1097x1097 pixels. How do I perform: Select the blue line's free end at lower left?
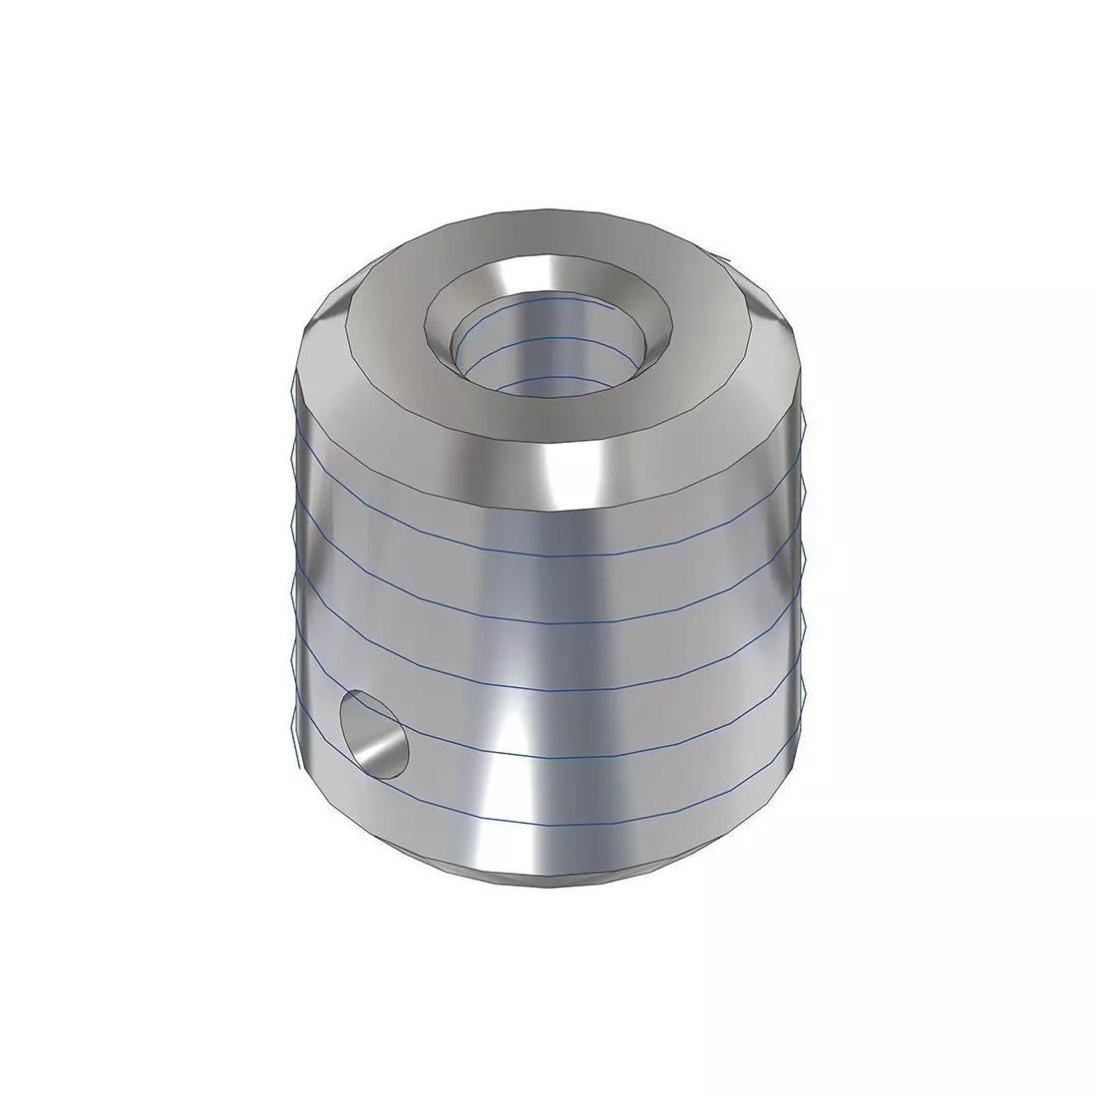click(x=298, y=766)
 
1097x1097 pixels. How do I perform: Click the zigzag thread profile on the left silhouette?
click(x=291, y=558)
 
